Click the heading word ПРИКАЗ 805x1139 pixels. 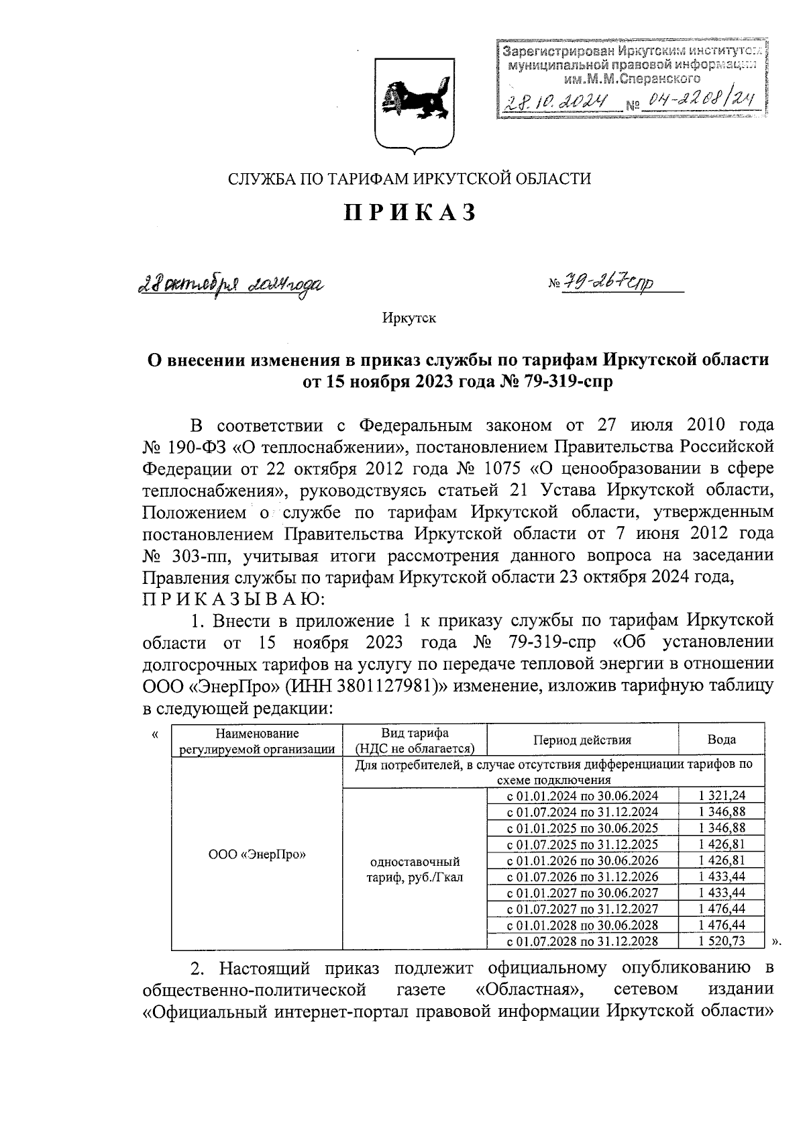coord(410,213)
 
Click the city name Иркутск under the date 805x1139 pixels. coord(409,318)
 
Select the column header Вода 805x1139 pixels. coord(721,740)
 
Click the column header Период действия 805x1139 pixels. coord(582,740)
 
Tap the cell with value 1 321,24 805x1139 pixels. coord(721,795)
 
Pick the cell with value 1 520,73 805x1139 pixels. coord(721,941)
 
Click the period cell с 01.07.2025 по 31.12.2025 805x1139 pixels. coord(582,844)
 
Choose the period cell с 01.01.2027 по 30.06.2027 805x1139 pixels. coord(582,893)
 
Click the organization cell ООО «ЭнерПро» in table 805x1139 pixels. coord(257,854)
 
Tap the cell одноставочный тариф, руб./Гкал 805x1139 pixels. coord(415,869)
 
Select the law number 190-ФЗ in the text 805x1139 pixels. coord(195,447)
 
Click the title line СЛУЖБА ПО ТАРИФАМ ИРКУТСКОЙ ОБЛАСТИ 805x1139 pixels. coord(410,179)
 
